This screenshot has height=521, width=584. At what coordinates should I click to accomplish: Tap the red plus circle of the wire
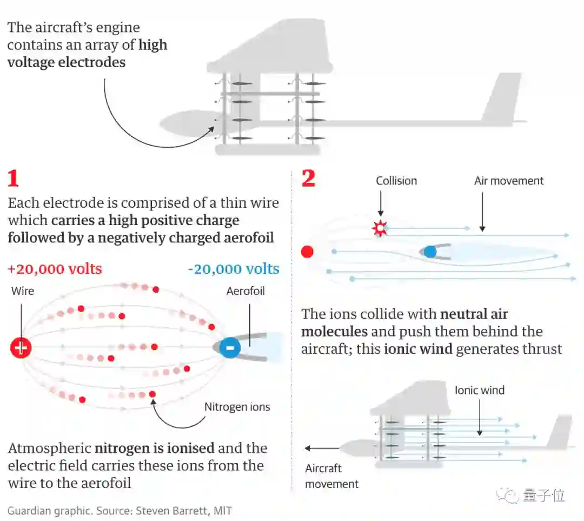[21, 347]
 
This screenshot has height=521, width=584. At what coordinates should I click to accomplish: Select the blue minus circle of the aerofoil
[230, 347]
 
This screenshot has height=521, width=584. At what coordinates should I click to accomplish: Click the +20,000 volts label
[55, 269]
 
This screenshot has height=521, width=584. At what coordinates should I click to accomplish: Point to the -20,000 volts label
[234, 269]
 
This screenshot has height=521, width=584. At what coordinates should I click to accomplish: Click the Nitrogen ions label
[237, 407]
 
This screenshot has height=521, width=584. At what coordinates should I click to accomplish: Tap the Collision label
[396, 181]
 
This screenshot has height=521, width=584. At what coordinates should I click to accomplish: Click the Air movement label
[509, 181]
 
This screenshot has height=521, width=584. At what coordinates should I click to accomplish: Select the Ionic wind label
[479, 390]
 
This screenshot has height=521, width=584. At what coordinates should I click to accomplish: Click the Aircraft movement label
[331, 476]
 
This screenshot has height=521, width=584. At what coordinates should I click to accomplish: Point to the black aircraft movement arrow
[322, 448]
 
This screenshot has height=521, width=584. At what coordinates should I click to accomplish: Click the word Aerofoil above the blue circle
[245, 291]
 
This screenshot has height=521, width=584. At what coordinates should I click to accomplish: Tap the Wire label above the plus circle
[23, 291]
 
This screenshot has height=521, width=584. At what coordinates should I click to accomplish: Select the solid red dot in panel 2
[307, 252]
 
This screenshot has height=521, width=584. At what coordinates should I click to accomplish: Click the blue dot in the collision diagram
[430, 252]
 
